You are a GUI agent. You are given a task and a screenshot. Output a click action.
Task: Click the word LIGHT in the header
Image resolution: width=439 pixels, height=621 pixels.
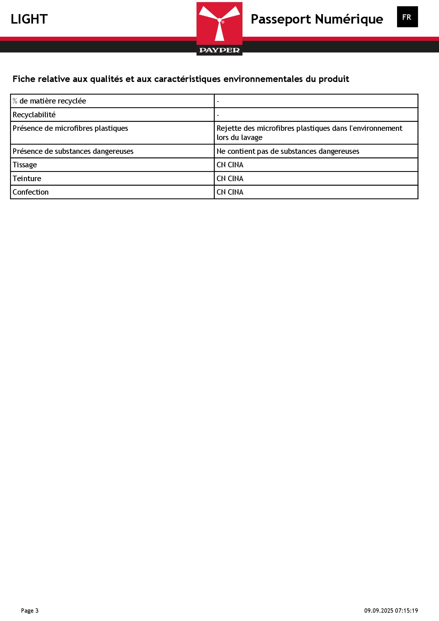[29, 19]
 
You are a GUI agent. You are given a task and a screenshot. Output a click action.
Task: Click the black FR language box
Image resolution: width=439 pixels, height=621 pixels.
[407, 17]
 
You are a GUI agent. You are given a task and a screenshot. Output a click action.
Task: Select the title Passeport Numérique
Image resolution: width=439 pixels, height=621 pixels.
[317, 19]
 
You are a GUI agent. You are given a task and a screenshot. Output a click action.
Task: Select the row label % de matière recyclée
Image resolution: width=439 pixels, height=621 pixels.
[49, 101]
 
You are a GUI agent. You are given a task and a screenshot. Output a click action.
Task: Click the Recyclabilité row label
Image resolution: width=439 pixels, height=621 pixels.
[34, 115]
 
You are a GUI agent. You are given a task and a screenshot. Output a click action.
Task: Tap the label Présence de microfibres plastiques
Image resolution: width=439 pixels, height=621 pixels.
[70, 128]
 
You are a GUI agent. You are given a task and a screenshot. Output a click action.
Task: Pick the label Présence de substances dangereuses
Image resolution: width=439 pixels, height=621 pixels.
[73, 151]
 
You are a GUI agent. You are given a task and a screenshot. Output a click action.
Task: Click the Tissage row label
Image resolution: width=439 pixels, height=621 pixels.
[25, 165]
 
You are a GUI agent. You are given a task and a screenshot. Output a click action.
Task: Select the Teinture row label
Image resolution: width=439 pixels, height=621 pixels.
[27, 179]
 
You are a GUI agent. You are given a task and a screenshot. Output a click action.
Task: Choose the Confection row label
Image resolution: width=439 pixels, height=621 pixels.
[30, 192]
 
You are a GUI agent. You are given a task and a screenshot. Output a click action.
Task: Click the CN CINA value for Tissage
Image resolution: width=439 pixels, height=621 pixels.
[230, 165]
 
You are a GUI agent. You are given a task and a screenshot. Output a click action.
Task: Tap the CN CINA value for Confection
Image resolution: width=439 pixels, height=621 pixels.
[230, 192]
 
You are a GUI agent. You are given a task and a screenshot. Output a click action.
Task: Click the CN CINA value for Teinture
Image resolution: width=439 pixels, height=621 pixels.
[230, 179]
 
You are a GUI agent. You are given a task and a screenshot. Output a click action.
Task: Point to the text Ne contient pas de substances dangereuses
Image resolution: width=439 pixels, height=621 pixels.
[288, 151]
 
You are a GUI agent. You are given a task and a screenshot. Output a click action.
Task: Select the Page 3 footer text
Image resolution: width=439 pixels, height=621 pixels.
[30, 611]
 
